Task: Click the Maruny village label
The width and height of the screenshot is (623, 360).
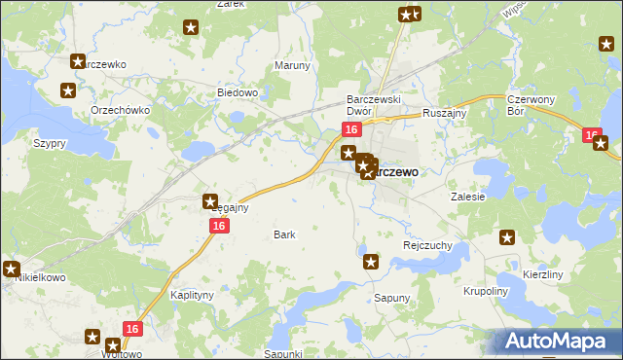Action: pyautogui.click(x=292, y=66)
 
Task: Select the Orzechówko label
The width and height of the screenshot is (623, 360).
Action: pyautogui.click(x=120, y=110)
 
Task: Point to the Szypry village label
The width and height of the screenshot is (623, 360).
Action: pyautogui.click(x=50, y=143)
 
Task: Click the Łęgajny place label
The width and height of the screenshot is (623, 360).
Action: pyautogui.click(x=231, y=207)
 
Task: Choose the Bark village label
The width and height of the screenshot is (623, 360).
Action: pyautogui.click(x=284, y=234)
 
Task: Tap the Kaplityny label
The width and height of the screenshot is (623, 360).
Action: pyautogui.click(x=191, y=294)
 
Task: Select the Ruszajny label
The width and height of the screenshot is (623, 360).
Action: pyautogui.click(x=446, y=113)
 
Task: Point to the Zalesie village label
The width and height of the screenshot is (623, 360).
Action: pyautogui.click(x=467, y=196)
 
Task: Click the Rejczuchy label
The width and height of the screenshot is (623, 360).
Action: pyautogui.click(x=427, y=245)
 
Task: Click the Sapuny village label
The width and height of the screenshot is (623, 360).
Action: pyautogui.click(x=392, y=297)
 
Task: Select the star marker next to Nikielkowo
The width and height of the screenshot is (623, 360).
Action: pyautogui.click(x=11, y=269)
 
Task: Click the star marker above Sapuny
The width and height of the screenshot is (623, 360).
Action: pyautogui.click(x=370, y=261)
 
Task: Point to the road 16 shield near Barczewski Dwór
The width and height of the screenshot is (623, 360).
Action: pyautogui.click(x=351, y=129)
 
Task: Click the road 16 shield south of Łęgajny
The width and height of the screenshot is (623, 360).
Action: pyautogui.click(x=218, y=226)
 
